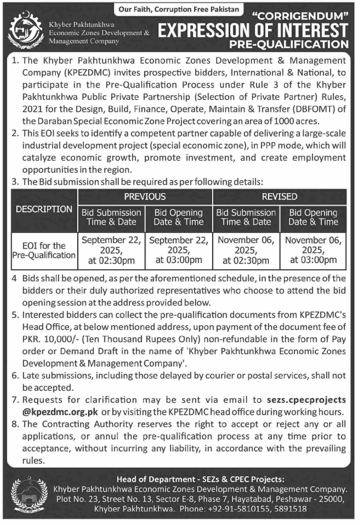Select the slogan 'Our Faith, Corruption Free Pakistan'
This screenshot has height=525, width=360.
coord(179,9)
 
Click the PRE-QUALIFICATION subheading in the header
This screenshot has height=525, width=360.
coord(289,44)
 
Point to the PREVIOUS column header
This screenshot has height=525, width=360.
coord(145,197)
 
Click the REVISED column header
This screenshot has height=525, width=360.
coord(280,197)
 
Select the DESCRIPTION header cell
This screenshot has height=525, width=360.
coord(44,209)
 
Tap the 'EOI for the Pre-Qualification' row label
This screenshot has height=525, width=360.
coord(44,251)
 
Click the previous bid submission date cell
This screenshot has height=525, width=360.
coord(111,250)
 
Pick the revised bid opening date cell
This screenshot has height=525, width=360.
coord(313,250)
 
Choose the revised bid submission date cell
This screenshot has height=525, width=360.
coord(246,250)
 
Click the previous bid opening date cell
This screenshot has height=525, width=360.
coord(179,250)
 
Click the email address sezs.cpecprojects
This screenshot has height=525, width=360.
coord(306,400)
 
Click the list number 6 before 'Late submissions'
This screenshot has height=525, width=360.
coord(15,375)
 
